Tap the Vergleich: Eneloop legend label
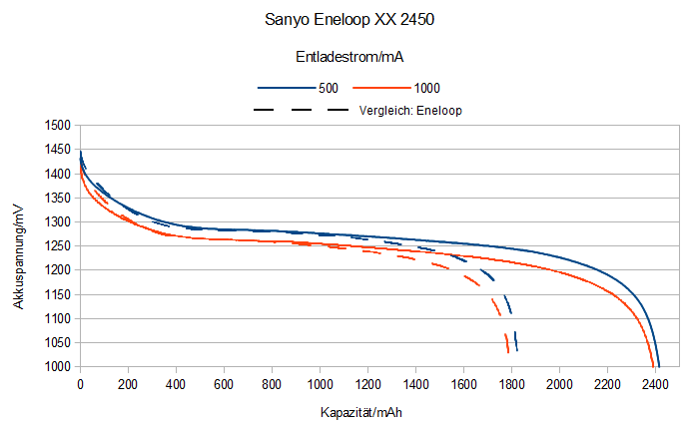click(x=414, y=109)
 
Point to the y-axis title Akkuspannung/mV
click(x=19, y=253)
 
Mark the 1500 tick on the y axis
click(x=57, y=126)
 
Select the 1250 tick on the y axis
click(x=57, y=246)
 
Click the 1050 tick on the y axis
click(x=57, y=343)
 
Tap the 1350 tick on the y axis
click(x=57, y=199)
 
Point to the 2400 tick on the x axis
click(x=655, y=384)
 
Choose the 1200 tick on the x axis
click(x=367, y=384)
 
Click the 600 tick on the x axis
click(x=224, y=384)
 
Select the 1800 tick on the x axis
click(x=511, y=384)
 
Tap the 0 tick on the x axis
click(x=80, y=384)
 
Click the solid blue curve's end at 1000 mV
click(x=659, y=365)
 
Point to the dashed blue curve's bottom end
click(x=516, y=349)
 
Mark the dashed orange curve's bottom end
click(x=508, y=352)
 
